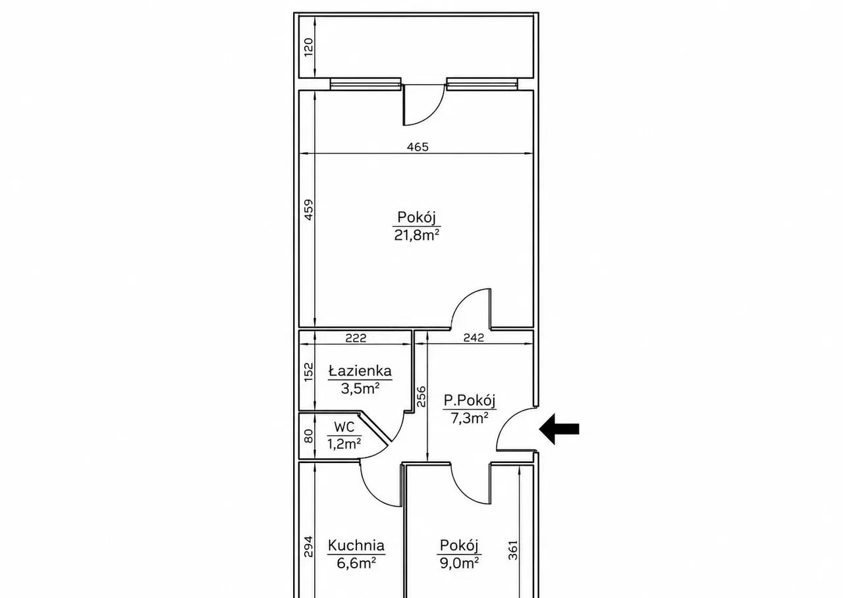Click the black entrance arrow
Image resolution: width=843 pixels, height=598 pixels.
(x=559, y=429)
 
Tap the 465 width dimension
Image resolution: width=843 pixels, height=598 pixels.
(x=418, y=147)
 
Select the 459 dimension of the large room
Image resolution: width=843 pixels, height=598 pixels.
(x=308, y=209)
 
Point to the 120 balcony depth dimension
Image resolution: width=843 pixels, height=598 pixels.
(x=308, y=47)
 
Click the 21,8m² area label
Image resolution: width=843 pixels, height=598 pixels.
(x=417, y=235)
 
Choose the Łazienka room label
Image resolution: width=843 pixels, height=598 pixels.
(x=360, y=371)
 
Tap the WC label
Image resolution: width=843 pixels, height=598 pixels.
(x=344, y=427)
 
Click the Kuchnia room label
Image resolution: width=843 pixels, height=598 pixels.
(x=356, y=545)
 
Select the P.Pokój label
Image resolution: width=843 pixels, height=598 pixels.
(x=470, y=400)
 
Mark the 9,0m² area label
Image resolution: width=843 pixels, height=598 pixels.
(x=459, y=563)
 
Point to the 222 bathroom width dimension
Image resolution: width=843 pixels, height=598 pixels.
(x=356, y=338)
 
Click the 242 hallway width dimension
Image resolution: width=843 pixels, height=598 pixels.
(x=474, y=338)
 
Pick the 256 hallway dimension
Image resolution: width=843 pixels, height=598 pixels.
(x=421, y=396)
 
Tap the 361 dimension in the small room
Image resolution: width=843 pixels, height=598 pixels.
(x=513, y=550)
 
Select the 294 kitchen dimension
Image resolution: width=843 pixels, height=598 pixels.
(x=308, y=547)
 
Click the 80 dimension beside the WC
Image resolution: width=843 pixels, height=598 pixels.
(x=308, y=437)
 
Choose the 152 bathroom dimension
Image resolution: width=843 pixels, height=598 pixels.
(x=308, y=372)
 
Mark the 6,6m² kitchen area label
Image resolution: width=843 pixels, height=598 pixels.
(x=356, y=563)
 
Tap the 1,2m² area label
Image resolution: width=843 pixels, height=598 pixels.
(x=344, y=444)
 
